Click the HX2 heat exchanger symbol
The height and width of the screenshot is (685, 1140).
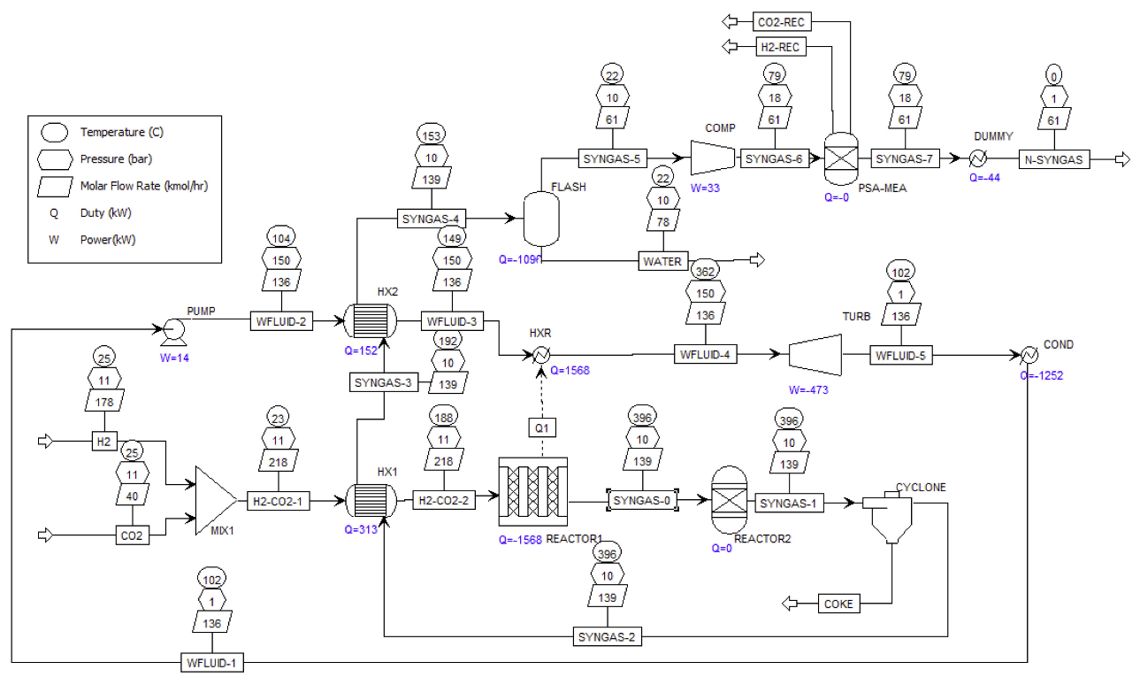click(370, 320)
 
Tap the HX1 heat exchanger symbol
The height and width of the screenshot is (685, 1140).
click(370, 500)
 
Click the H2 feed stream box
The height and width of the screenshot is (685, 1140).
click(103, 440)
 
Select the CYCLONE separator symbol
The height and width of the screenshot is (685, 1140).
click(889, 519)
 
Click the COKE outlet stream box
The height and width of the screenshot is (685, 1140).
click(838, 604)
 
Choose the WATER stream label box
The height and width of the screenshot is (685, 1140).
click(662, 261)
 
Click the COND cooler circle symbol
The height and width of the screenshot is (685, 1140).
click(1029, 354)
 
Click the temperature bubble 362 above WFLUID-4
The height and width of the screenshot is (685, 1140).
click(706, 271)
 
